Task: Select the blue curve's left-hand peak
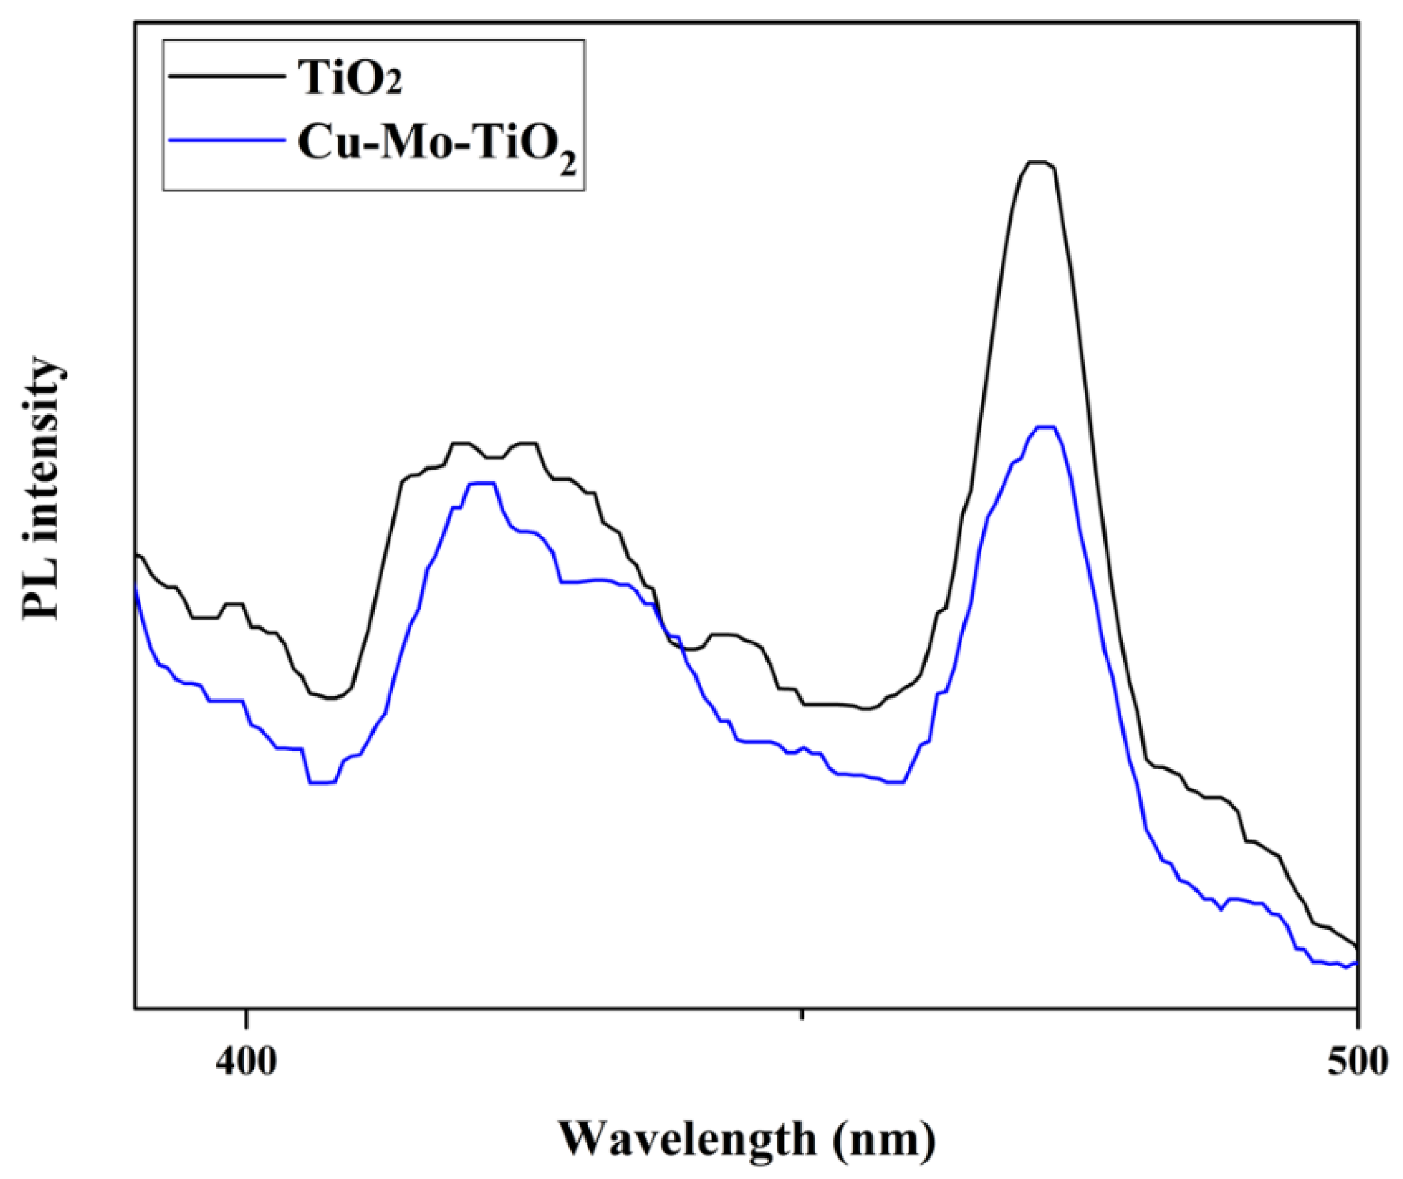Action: click(482, 483)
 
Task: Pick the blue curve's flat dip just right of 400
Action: click(322, 782)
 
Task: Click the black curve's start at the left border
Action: click(137, 554)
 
